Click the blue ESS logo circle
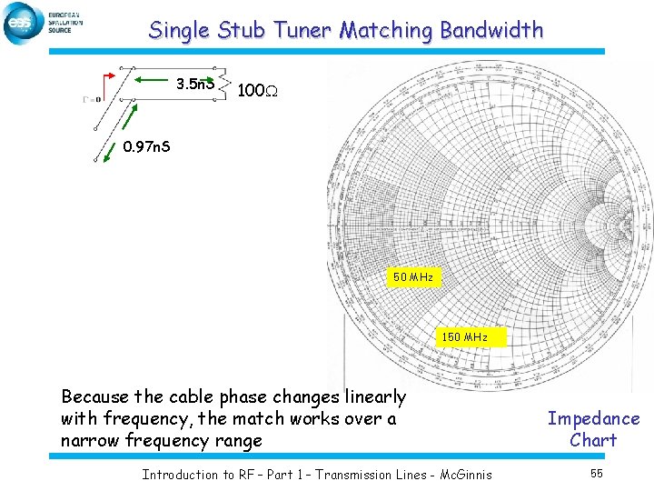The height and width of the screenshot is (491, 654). [21, 23]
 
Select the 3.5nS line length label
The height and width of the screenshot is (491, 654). [195, 85]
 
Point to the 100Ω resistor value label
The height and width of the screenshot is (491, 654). [257, 91]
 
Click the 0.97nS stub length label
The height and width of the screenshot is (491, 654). [145, 145]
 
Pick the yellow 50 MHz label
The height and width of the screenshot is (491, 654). [413, 276]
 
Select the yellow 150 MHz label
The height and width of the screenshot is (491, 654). [464, 337]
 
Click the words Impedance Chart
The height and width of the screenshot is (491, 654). [593, 429]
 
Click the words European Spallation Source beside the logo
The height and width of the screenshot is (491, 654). [64, 23]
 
